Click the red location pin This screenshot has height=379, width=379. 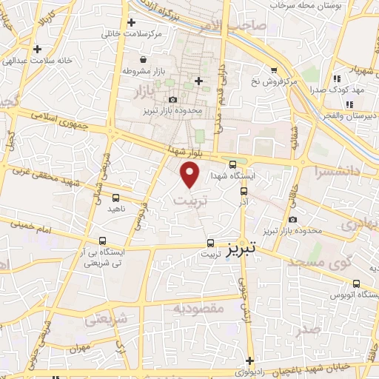(x=191, y=174)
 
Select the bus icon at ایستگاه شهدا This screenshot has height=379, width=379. (x=233, y=165)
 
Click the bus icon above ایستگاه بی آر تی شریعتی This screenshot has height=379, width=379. (x=102, y=241)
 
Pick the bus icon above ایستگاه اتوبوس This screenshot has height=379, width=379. (x=357, y=284)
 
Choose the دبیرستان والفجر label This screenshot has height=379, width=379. (x=354, y=116)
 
